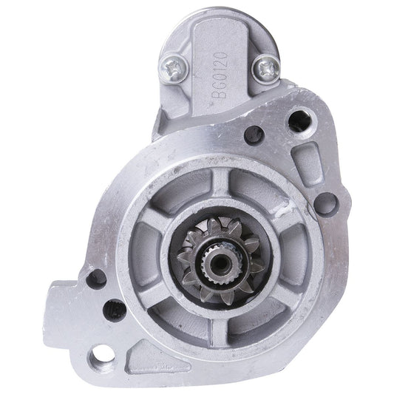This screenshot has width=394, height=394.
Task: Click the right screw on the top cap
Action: (265, 69)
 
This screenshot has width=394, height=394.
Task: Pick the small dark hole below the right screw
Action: (254, 135)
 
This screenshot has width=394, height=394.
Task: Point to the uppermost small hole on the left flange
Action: (96, 279)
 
